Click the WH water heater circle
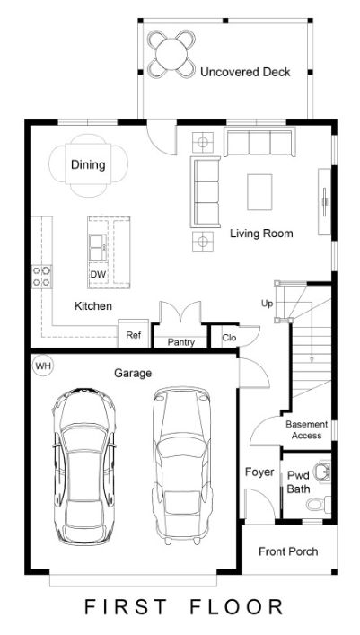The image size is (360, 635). (x=43, y=366)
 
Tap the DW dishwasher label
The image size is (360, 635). (x=98, y=274)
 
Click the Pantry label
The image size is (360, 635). (x=181, y=342)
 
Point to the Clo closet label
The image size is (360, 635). (x=229, y=338)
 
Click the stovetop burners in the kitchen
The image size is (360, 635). (x=41, y=277)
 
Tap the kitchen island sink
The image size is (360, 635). (x=98, y=248)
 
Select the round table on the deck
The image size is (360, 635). (x=171, y=54)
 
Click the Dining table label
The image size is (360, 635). (x=88, y=165)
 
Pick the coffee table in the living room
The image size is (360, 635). (x=259, y=192)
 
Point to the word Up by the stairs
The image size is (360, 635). (x=267, y=304)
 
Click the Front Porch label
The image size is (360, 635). (x=288, y=551)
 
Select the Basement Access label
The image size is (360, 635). (x=306, y=430)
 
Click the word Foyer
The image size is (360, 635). (x=259, y=472)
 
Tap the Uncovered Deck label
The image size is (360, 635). (x=245, y=73)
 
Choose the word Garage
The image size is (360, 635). (x=133, y=373)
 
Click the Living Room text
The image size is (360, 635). (x=261, y=234)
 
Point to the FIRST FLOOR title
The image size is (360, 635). (x=183, y=607)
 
